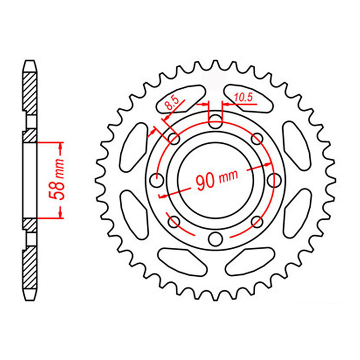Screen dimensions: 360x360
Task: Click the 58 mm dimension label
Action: pyautogui.click(x=59, y=180)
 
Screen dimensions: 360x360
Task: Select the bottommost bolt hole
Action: pyautogui.click(x=214, y=238)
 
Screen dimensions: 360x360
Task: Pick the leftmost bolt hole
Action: pyautogui.click(x=156, y=179)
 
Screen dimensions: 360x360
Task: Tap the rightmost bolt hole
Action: pyautogui.click(x=273, y=179)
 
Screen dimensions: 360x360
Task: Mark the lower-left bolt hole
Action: pyautogui.click(x=173, y=220)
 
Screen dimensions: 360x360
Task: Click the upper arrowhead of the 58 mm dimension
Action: pyautogui.click(x=60, y=146)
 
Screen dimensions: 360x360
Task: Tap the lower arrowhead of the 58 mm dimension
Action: pyautogui.click(x=60, y=213)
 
